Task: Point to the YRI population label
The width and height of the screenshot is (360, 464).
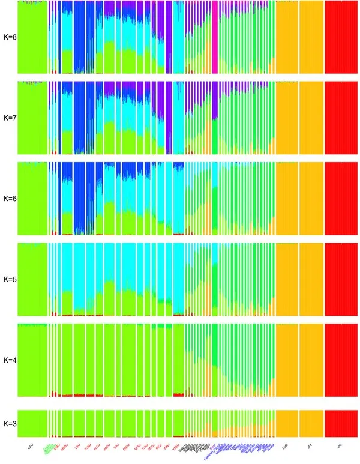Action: click(340, 446)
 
